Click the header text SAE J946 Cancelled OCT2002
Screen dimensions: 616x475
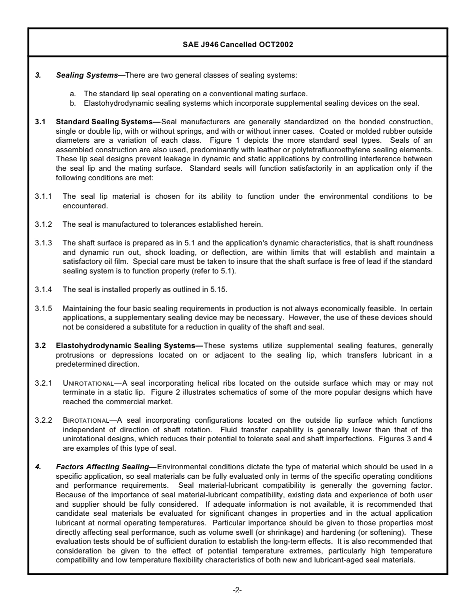click(x=237, y=45)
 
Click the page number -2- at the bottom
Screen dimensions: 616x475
click(x=237, y=590)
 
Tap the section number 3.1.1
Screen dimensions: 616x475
click(x=43, y=196)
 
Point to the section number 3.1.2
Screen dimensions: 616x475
click(x=43, y=224)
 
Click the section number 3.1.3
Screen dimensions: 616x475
click(x=43, y=243)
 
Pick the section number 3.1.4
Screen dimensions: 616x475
click(x=43, y=289)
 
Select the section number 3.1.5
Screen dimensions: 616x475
click(x=43, y=309)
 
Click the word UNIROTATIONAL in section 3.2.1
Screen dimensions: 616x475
click(x=88, y=384)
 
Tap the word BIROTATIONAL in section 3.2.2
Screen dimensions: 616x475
click(x=86, y=421)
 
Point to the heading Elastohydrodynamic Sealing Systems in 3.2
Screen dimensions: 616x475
click(x=125, y=346)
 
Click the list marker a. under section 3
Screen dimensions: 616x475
click(x=73, y=94)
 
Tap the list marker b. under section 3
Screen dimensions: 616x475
click(x=73, y=103)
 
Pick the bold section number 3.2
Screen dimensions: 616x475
click(x=40, y=346)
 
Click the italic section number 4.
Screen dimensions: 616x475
click(x=38, y=467)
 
